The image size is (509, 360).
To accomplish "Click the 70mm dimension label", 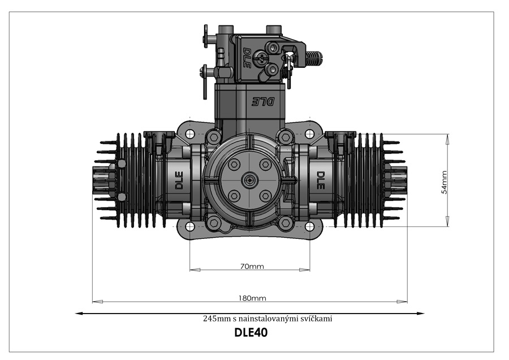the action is pos(252,267).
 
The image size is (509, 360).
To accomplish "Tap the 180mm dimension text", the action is pos(252,298).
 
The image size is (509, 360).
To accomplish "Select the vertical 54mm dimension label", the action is pos(444,182).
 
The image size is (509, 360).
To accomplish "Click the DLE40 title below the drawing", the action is pos(251,333).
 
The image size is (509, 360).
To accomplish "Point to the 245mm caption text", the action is pos(268,319).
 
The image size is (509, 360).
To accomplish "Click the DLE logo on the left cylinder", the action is pos(179,181).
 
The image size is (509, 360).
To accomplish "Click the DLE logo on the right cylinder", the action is pos(320,181).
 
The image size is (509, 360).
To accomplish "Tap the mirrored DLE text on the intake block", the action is pos(263,102).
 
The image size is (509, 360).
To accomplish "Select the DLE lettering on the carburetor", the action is pos(247,58).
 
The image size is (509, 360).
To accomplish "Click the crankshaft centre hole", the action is pos(249,179).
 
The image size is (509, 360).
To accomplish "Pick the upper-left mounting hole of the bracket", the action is pos(189,133).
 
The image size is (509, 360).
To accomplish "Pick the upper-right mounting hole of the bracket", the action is pos(310,133).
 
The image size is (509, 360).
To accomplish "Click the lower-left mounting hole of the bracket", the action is pos(189,226).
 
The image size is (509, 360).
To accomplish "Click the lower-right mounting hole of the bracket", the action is pos(310,226).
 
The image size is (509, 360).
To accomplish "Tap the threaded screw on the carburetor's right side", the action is pos(313,58).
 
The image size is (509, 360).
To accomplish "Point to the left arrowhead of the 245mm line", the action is pos(79,314).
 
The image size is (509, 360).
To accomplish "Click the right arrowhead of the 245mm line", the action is pos(421,314).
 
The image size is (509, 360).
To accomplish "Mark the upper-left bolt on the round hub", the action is pos(234,164).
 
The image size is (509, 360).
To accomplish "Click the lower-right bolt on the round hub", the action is pos(266,196).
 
